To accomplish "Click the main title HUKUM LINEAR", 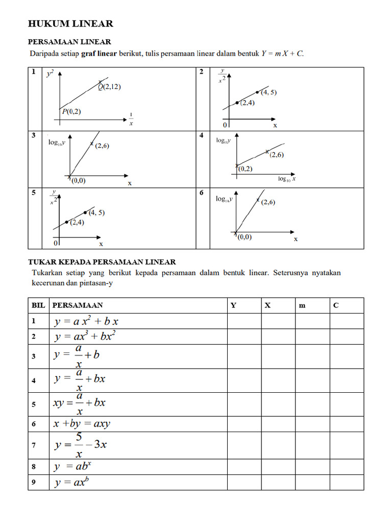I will (70, 24).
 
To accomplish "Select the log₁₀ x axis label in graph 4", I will (287, 179).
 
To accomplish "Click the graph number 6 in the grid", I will (202, 193).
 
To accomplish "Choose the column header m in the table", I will (302, 305).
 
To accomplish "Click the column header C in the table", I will (336, 305).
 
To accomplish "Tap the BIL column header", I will (38, 305).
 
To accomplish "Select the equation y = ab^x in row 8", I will (72, 466).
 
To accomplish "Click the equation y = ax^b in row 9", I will (72, 482).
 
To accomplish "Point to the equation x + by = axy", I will (82, 424).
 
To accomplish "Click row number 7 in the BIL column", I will (34, 445).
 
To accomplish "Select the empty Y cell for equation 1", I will (244, 321).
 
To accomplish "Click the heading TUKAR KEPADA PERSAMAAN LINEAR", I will (102, 261).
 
